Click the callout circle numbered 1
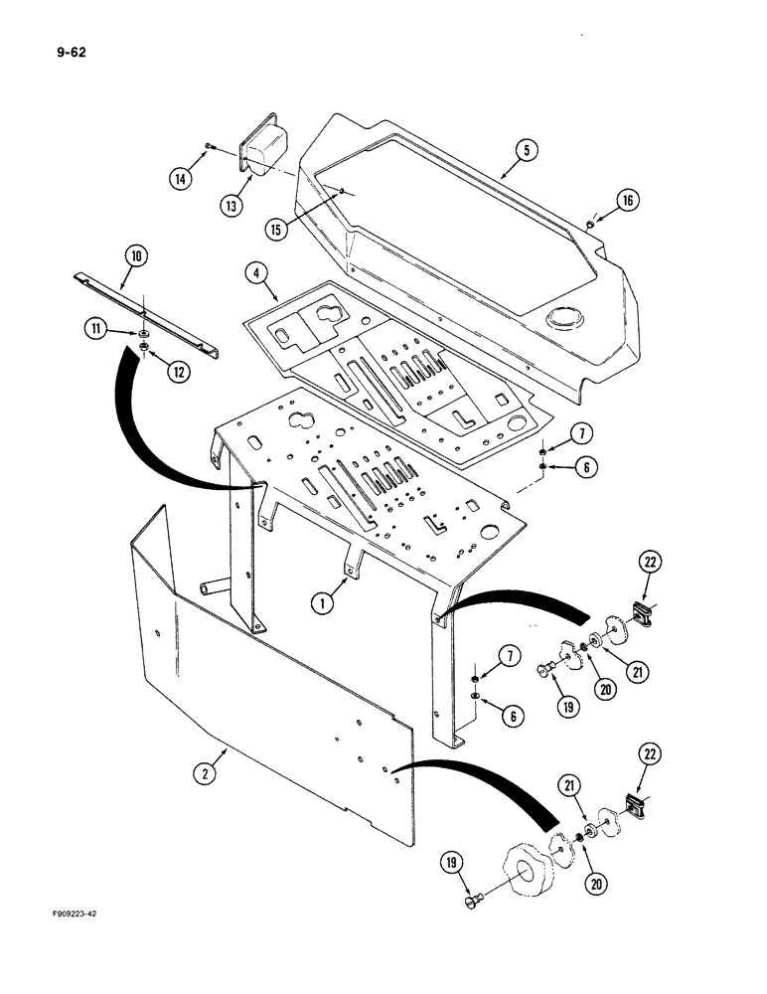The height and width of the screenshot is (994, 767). click(x=323, y=601)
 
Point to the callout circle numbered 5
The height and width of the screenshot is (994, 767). click(x=527, y=150)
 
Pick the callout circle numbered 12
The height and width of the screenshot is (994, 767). click(x=180, y=372)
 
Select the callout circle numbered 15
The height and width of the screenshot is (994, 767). click(x=277, y=229)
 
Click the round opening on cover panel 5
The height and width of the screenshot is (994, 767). click(x=563, y=319)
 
